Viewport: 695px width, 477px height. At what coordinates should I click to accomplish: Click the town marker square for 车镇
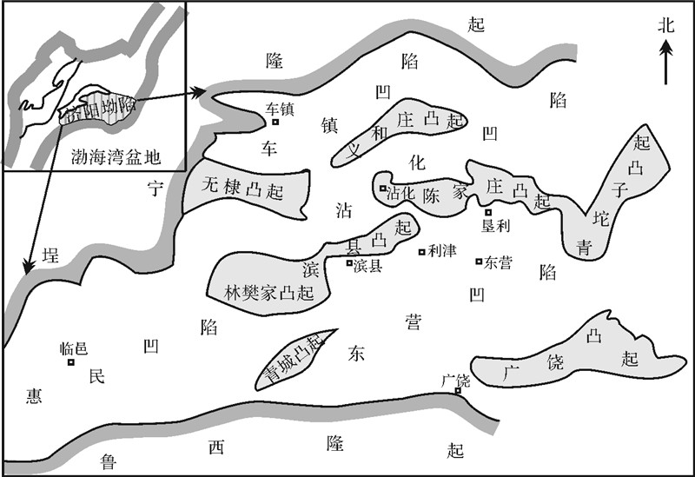[x=275, y=123]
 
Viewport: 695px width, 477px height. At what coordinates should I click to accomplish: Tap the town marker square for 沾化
[x=382, y=188]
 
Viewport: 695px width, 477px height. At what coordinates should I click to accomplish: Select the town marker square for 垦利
[x=488, y=212]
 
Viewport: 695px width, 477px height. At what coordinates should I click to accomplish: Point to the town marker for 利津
[x=422, y=253]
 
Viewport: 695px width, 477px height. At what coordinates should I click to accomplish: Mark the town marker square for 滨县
[x=349, y=263]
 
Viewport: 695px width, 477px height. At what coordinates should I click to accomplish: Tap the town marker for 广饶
[x=458, y=391]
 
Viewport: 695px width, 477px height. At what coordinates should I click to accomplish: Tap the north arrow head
[x=666, y=49]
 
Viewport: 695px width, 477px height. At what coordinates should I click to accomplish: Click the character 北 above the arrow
[x=666, y=25]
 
